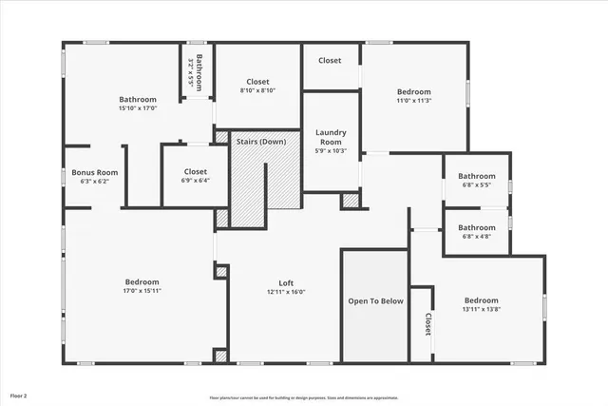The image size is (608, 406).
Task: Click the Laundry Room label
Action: (x=331, y=138)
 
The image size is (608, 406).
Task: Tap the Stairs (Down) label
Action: (x=261, y=142)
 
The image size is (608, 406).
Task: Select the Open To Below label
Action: (x=375, y=300)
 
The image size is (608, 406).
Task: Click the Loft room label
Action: (x=286, y=282)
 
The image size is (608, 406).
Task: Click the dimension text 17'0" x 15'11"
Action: (x=142, y=292)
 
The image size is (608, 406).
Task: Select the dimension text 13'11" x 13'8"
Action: (x=481, y=309)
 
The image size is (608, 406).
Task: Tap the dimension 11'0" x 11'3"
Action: (x=413, y=101)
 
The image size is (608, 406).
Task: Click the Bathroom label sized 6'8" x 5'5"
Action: (x=477, y=176)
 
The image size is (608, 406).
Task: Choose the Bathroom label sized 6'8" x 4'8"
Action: (x=477, y=227)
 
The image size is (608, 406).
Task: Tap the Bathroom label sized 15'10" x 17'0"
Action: (x=138, y=100)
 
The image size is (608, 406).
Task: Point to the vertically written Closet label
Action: (x=428, y=324)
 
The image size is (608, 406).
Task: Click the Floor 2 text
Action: (x=19, y=395)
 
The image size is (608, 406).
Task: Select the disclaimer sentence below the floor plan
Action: (x=304, y=396)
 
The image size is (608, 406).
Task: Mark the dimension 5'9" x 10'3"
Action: (x=331, y=150)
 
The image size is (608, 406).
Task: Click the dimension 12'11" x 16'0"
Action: (x=286, y=292)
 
